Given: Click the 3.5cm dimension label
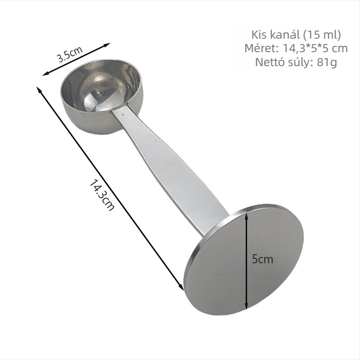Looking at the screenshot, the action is [70, 54].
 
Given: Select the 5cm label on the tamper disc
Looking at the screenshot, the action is [262, 259].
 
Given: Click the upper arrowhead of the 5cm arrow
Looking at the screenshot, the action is [246, 216].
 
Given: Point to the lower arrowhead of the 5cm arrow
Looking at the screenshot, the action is [246, 306].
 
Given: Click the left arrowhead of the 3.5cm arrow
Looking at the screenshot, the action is [45, 73].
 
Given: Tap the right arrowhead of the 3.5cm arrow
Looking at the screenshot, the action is [107, 45].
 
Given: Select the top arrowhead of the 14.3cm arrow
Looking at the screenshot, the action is [39, 89].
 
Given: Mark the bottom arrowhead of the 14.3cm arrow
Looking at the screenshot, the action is [181, 287].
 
